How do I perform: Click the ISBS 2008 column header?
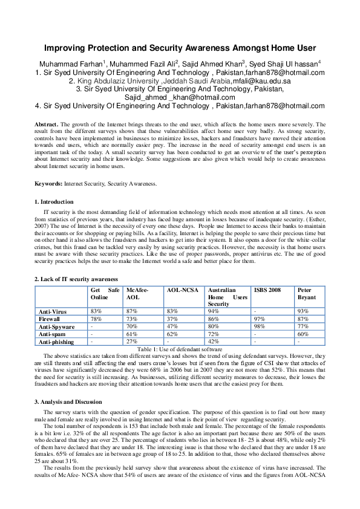[267, 290]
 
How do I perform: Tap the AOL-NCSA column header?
[180, 290]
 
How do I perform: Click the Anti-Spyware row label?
[56, 326]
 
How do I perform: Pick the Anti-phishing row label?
[57, 342]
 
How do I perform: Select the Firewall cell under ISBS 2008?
[260, 318]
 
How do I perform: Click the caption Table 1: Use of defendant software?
[180, 349]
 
